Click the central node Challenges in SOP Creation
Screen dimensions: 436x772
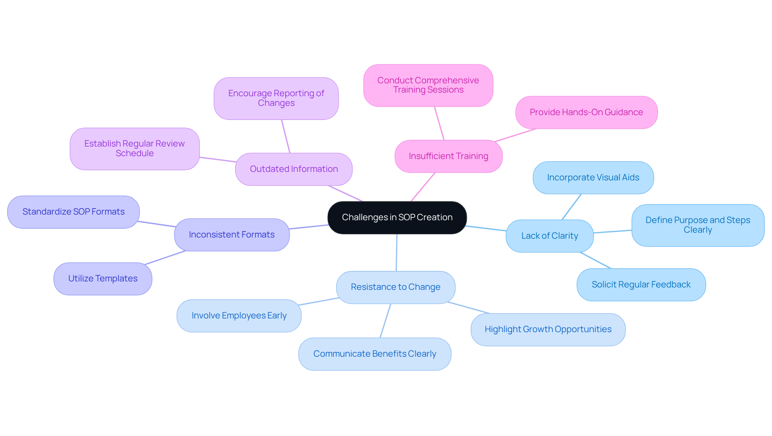coord(397,217)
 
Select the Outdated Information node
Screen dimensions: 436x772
coord(294,169)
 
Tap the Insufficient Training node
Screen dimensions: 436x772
coord(448,156)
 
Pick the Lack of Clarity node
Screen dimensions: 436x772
coord(549,236)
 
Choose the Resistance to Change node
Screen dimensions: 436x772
coord(395,287)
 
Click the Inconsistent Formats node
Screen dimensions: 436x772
coord(232,235)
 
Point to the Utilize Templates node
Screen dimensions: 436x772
coord(103,279)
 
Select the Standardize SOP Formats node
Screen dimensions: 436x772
coord(73,212)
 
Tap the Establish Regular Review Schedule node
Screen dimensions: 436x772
coord(134,149)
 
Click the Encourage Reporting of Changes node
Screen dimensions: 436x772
coord(276,98)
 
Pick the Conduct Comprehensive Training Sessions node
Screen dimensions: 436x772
coord(428,85)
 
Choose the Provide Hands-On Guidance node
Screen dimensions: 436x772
coord(586,112)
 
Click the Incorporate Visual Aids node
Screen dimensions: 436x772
coord(593,178)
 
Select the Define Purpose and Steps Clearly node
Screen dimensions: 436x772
coord(698,225)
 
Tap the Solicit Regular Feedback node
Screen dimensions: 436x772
coord(641,285)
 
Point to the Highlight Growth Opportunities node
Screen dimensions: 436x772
coord(548,329)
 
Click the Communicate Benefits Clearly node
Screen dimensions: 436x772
coord(374,354)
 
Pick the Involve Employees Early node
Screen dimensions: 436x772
coord(239,316)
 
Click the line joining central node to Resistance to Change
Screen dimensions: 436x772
coord(396,253)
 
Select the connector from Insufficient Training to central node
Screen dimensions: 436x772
coord(423,187)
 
